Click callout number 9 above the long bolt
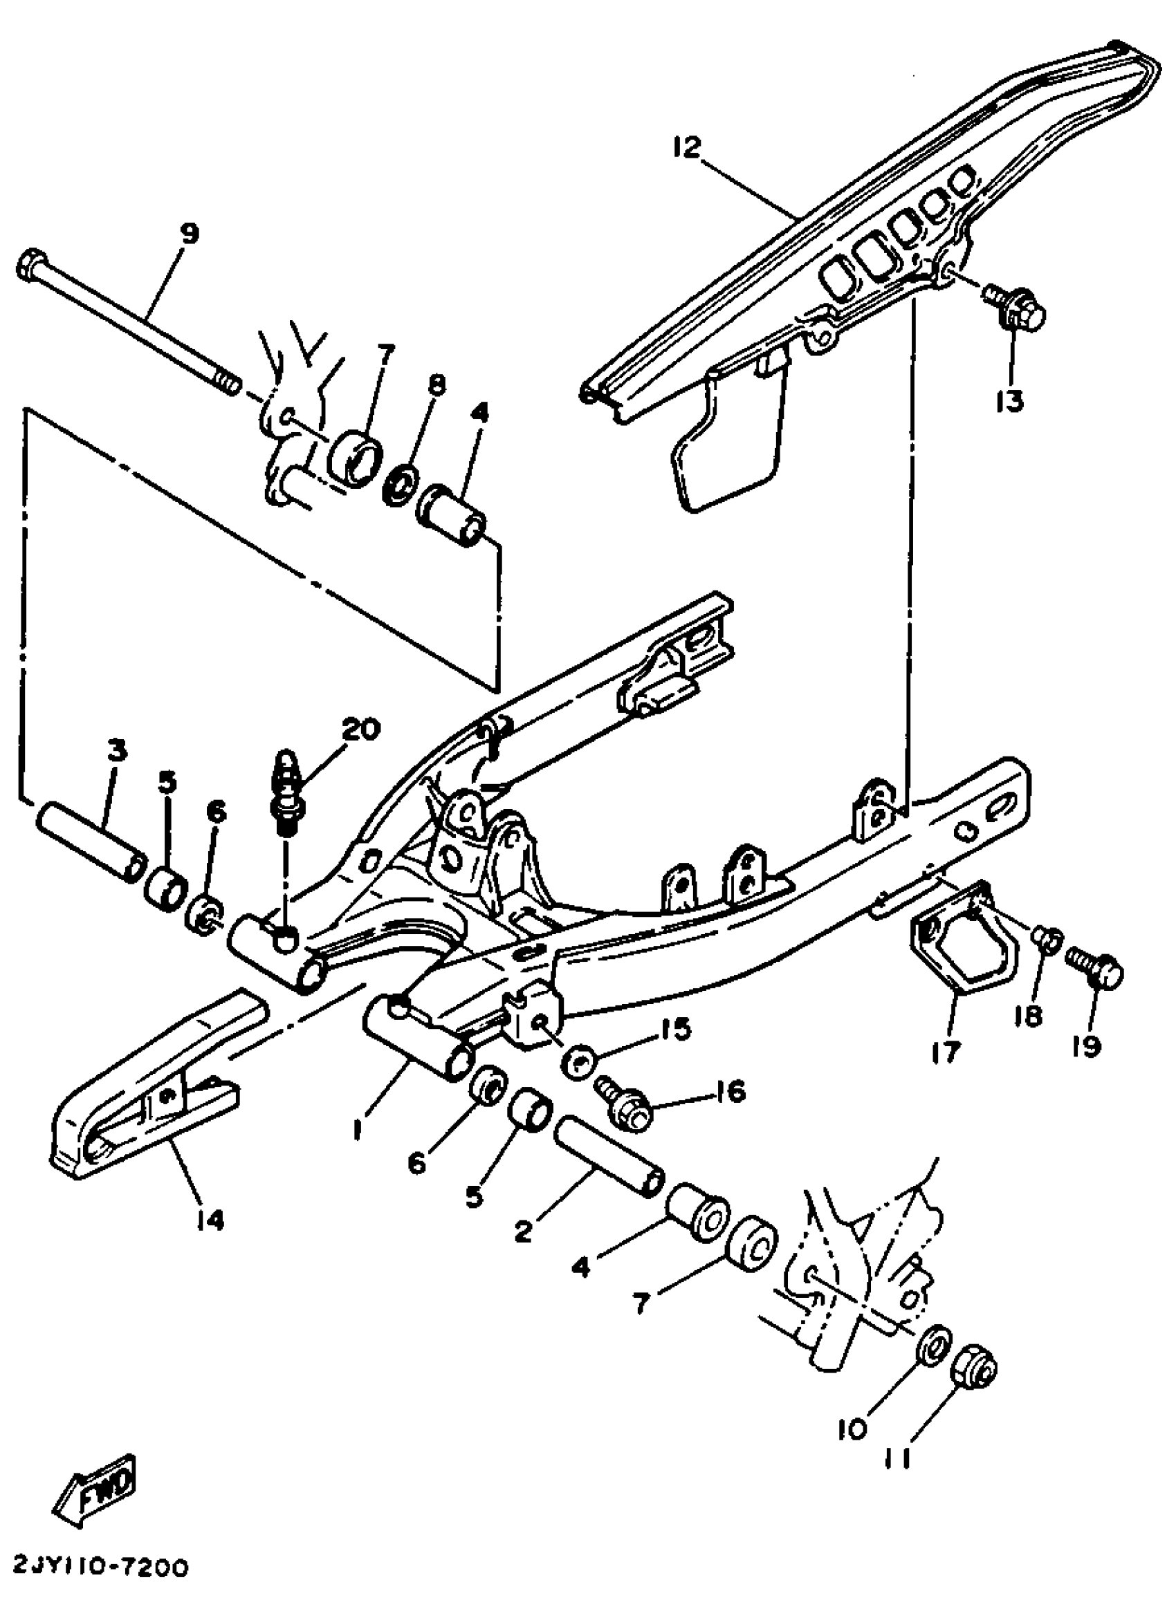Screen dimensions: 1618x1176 (x=188, y=234)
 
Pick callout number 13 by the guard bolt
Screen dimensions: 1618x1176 (x=1010, y=401)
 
